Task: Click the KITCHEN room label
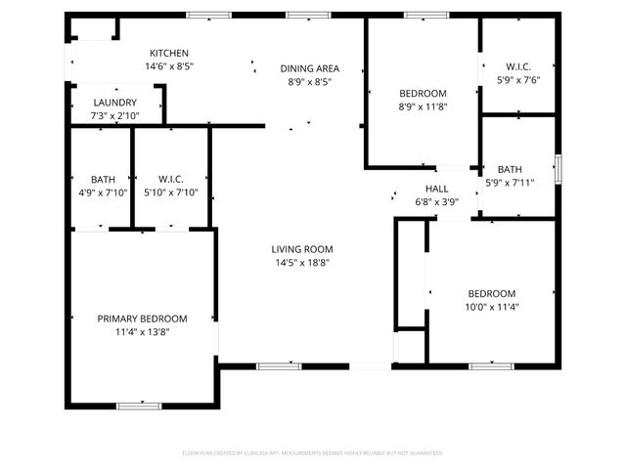168,53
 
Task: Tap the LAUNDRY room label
114,103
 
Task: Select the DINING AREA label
309,68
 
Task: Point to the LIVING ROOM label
302,249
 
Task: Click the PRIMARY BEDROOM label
142,319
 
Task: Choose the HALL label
436,189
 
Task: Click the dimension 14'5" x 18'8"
302,263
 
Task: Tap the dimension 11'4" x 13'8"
142,332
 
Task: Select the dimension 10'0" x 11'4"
490,307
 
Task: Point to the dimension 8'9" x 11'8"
423,107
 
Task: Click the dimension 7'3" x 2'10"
114,116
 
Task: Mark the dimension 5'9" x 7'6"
516,81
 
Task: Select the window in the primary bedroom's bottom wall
139,405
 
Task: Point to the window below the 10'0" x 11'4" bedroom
491,366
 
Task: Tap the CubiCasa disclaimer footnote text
313,453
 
